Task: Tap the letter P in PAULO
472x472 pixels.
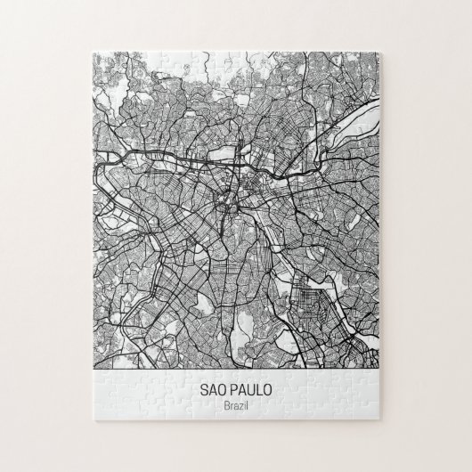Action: [232, 390]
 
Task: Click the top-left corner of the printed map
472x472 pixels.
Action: [94, 53]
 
